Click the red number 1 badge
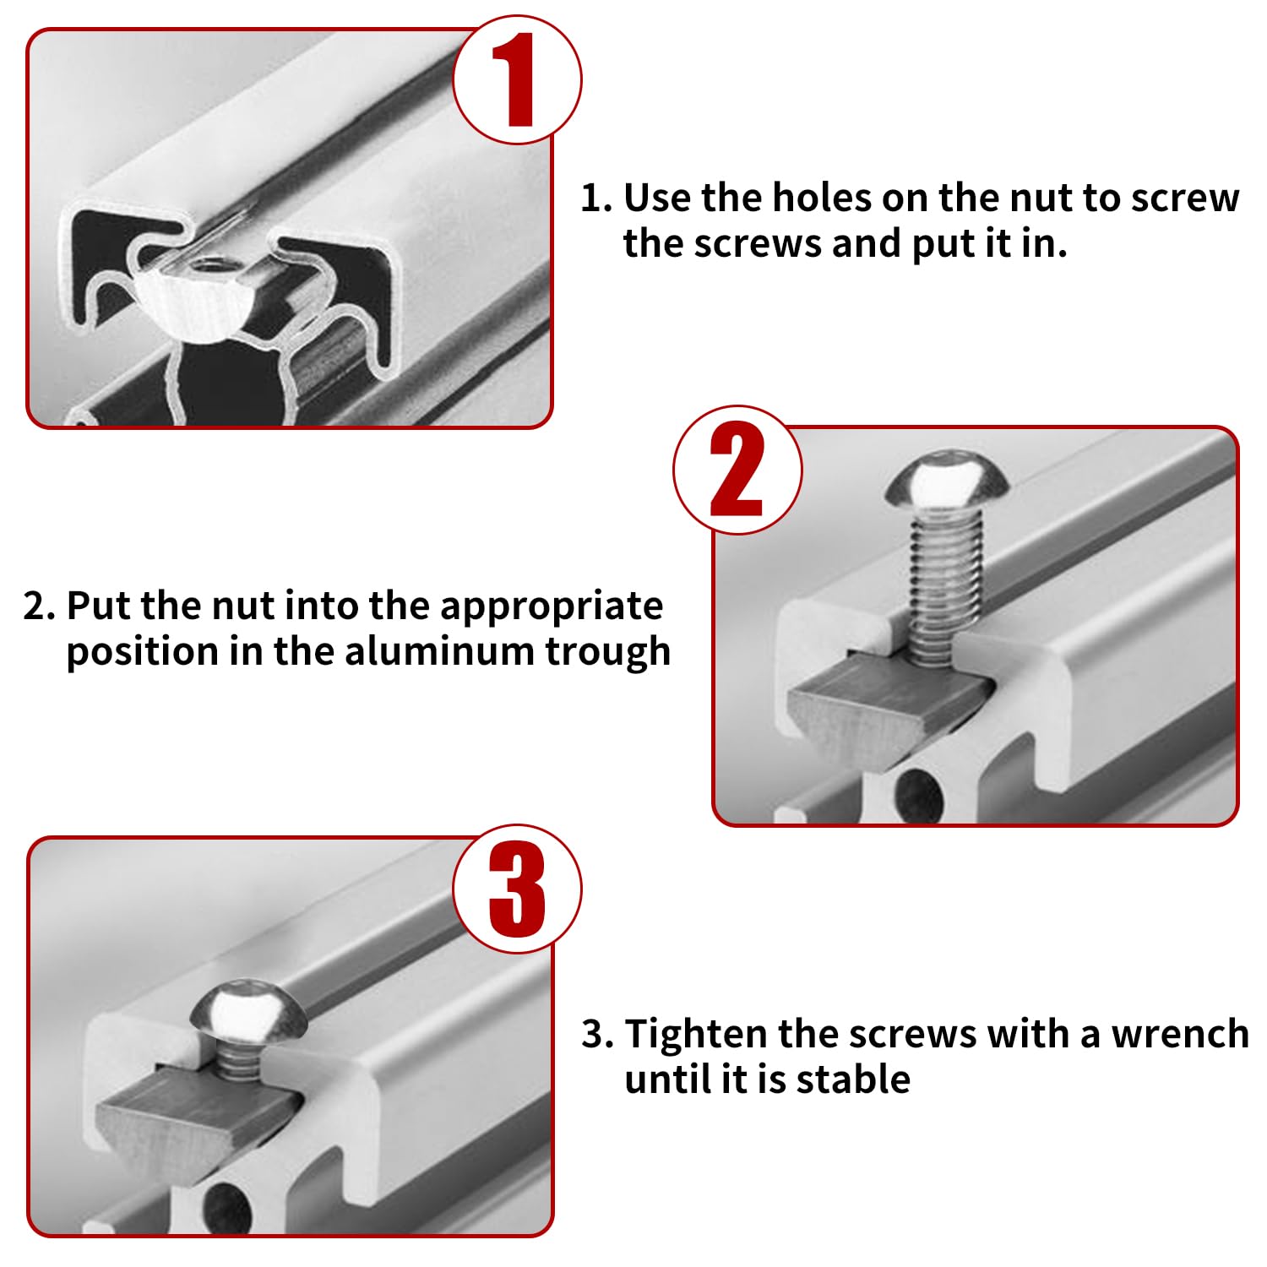[x=517, y=79]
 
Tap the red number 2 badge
[x=737, y=470]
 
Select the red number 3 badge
[x=517, y=889]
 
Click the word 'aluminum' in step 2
[x=438, y=651]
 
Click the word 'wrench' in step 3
[x=1180, y=1035]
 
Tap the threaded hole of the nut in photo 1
[x=206, y=269]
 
